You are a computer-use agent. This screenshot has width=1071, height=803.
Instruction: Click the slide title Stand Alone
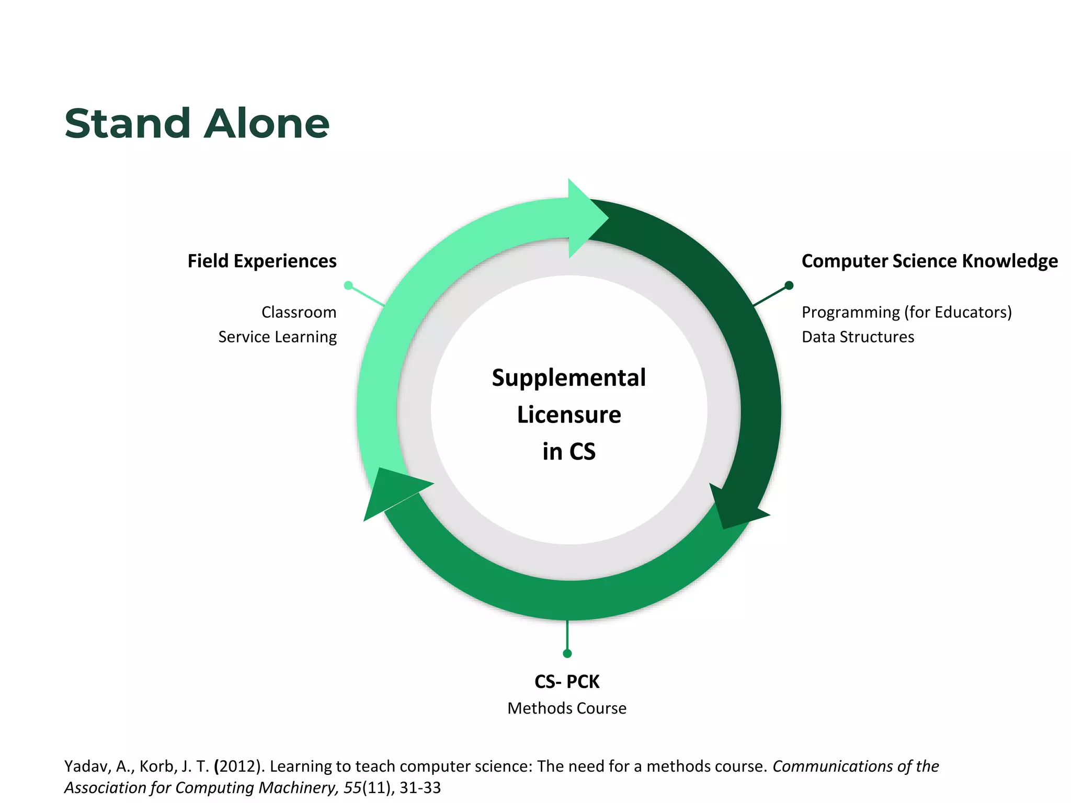tap(197, 124)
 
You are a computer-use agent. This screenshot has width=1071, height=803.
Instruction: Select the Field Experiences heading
tap(262, 261)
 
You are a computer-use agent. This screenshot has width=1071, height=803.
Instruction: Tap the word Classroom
tap(299, 312)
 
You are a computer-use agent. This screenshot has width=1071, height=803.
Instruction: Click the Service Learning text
tap(277, 337)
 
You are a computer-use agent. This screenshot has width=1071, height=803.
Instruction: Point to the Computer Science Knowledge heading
tap(929, 261)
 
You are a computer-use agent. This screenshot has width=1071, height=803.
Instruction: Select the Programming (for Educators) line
tap(906, 312)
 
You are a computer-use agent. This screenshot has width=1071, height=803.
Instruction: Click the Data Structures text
tap(858, 337)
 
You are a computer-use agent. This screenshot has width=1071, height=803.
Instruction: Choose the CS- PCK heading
tap(567, 682)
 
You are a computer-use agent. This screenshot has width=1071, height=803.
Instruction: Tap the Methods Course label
tap(567, 708)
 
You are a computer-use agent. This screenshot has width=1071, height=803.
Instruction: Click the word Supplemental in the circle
tap(568, 377)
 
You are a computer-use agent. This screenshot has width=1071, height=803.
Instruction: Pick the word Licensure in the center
tap(568, 415)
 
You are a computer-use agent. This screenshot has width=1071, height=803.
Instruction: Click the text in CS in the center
tap(568, 452)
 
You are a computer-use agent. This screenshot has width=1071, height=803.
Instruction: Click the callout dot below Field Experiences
tap(348, 285)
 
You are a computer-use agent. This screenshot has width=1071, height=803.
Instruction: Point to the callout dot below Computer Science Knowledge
tap(789, 285)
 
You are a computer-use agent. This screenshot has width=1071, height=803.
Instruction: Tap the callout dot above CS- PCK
tap(567, 653)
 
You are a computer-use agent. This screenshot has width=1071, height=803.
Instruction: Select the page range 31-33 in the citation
tap(420, 788)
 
